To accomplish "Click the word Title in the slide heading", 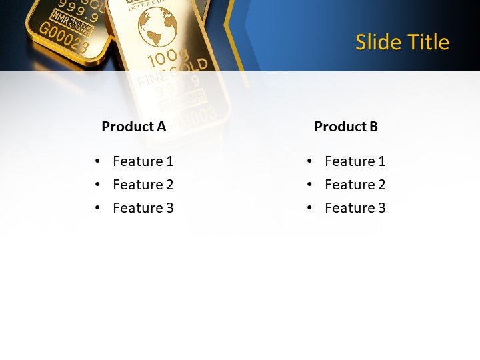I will pyautogui.click(x=427, y=42).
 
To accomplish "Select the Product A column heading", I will pyautogui.click(x=133, y=126).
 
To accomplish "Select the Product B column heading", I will pyautogui.click(x=346, y=126).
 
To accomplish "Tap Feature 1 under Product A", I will pyautogui.click(x=143, y=161).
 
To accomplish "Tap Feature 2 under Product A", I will pyautogui.click(x=143, y=184).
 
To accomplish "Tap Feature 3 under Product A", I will pyautogui.click(x=143, y=207).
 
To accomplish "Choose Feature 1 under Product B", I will pyautogui.click(x=355, y=161).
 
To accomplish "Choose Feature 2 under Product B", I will pyautogui.click(x=355, y=184).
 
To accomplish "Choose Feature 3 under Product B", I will pyautogui.click(x=355, y=207).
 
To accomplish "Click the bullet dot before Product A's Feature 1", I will pyautogui.click(x=97, y=161).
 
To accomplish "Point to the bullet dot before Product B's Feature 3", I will pyautogui.click(x=309, y=208).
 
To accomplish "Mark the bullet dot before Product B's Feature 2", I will pyautogui.click(x=309, y=185).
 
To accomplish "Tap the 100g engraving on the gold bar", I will pyautogui.click(x=167, y=59).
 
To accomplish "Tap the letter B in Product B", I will pyautogui.click(x=373, y=126).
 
